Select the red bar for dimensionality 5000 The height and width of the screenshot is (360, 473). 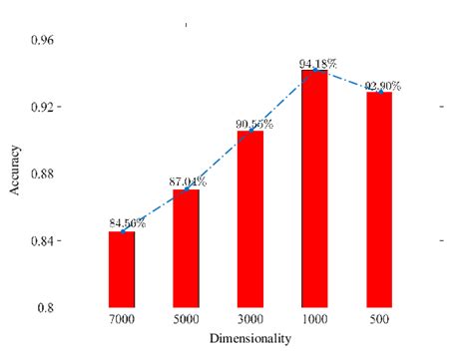pos(186,248)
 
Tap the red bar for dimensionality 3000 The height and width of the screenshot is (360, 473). pos(250,218)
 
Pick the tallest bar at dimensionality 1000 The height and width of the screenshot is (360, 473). pos(314,188)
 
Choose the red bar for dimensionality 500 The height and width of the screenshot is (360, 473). pos(379,199)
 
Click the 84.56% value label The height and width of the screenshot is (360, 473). pos(128,223)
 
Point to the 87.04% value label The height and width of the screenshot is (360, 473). pos(188,182)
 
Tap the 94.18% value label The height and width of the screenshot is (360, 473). pos(317,64)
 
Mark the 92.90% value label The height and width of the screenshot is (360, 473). pos(382,86)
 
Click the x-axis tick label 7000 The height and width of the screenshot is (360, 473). pos(122,322)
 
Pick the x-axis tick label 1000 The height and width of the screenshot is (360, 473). pos(314,322)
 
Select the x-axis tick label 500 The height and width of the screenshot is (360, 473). pos(379,322)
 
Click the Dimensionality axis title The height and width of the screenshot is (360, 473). pos(250,340)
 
